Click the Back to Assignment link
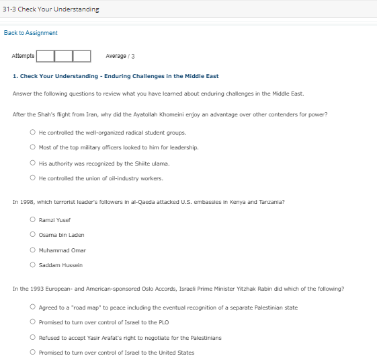click(x=31, y=33)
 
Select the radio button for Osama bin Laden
click(x=32, y=235)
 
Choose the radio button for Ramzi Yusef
click(x=32, y=219)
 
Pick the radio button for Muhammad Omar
click(x=32, y=250)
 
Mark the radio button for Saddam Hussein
click(x=32, y=266)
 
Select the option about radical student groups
click(x=32, y=132)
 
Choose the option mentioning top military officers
click(x=32, y=147)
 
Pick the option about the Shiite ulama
click(x=32, y=163)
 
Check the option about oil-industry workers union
click(x=32, y=178)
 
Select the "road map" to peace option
click(x=32, y=307)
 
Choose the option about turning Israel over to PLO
click(x=32, y=322)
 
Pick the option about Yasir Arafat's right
click(x=32, y=337)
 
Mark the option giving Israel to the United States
click(x=32, y=353)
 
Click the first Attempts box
click(x=45, y=56)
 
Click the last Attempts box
click(x=82, y=56)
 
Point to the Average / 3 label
click(x=120, y=56)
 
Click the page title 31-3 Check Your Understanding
click(x=50, y=9)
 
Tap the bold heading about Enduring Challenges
click(x=116, y=76)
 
